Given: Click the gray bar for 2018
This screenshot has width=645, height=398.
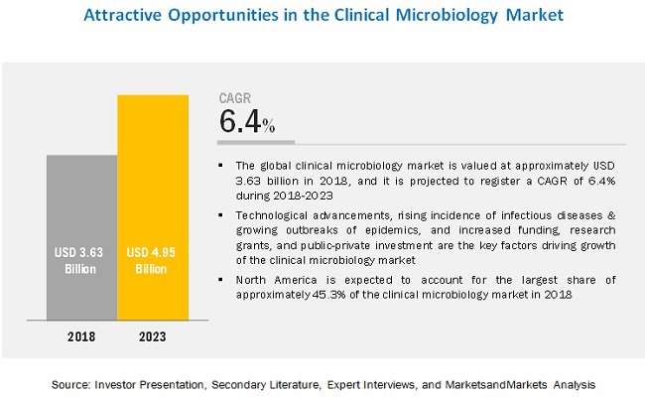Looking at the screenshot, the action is (x=81, y=237).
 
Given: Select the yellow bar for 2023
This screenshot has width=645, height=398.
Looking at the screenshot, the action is (x=153, y=207).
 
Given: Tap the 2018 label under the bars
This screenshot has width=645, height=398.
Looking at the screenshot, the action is (x=81, y=336).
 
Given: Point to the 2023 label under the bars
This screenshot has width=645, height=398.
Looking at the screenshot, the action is (x=153, y=336).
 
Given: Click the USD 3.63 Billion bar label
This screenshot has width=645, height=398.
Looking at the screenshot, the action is (x=79, y=260).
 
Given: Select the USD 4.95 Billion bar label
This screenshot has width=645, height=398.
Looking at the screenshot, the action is (x=151, y=260).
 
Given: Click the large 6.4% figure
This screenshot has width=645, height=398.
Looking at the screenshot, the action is (x=247, y=121).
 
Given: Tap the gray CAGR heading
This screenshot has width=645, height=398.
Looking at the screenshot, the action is (x=235, y=98).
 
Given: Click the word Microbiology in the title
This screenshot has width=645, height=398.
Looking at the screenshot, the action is (x=448, y=16).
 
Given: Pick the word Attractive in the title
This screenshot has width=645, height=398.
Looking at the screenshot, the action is (x=123, y=15).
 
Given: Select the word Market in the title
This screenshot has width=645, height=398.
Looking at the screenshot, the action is (x=534, y=15).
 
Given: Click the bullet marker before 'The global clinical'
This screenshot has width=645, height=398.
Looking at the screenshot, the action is (x=221, y=166).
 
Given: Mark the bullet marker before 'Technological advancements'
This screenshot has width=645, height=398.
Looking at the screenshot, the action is (x=221, y=215).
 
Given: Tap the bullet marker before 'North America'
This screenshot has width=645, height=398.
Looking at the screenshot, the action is (x=221, y=280).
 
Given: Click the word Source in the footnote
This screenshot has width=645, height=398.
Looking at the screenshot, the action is (x=70, y=385).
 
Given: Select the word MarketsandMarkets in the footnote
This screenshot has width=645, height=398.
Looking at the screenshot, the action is (x=496, y=385).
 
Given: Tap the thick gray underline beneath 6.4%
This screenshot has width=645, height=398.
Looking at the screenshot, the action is (x=256, y=142).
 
